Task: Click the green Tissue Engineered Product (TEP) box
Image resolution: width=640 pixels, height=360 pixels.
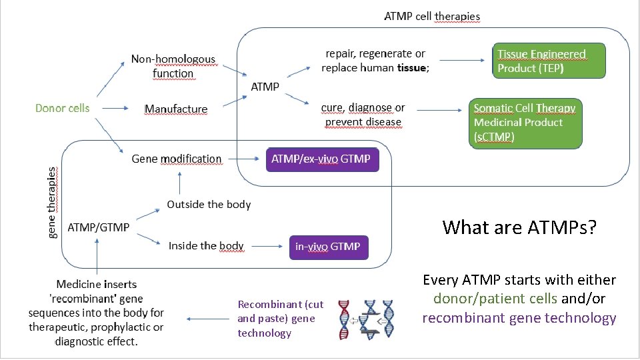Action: tap(550, 61)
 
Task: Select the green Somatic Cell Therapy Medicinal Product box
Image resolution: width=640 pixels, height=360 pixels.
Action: tap(526, 122)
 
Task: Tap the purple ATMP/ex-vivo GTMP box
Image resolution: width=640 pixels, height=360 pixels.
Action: tap(322, 159)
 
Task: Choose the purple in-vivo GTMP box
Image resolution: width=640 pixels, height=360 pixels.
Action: tap(329, 247)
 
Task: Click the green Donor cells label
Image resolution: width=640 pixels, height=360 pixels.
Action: tap(62, 108)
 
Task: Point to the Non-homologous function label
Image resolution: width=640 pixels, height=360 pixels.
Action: tap(173, 67)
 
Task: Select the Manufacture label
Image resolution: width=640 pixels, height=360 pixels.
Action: tap(176, 109)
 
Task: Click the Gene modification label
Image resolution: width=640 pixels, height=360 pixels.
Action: tap(177, 159)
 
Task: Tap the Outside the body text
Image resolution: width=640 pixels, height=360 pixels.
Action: tap(209, 204)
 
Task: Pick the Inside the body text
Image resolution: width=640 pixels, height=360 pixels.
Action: tap(206, 246)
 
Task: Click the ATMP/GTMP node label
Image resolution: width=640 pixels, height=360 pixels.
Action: tap(99, 227)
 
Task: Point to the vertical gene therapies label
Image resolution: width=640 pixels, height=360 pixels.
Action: tap(53, 202)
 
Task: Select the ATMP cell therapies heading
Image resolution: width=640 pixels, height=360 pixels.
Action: tap(432, 16)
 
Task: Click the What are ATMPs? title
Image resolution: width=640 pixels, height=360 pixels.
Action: tap(519, 228)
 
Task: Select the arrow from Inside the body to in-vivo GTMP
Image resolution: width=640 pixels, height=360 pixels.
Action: tap(266, 246)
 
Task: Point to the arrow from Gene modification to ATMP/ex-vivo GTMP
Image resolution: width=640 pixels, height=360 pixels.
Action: tap(244, 159)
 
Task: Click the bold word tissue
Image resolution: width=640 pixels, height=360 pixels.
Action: tap(411, 68)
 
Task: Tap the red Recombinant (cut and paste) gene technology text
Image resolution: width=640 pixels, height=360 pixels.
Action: tap(280, 319)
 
